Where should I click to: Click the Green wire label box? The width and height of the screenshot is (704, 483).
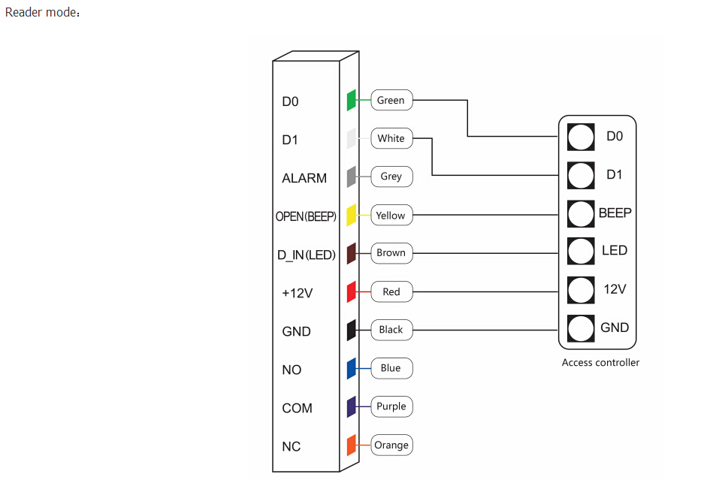(391, 100)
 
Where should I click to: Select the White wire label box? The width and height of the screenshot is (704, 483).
(391, 138)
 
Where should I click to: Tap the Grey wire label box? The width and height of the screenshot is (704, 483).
(391, 177)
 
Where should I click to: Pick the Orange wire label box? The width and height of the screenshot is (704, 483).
(391, 445)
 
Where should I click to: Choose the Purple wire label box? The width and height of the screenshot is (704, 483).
(391, 406)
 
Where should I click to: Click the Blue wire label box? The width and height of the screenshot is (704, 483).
(391, 368)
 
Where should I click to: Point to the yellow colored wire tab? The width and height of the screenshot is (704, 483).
(351, 215)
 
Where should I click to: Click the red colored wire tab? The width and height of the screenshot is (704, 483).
(351, 291)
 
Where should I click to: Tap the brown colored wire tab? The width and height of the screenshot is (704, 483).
(351, 254)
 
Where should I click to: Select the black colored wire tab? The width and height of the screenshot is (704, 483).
(351, 330)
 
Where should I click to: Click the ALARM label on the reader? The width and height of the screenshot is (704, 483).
(304, 178)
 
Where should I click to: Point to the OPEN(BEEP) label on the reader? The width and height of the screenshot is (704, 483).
(306, 216)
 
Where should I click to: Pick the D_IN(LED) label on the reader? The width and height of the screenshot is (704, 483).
(307, 255)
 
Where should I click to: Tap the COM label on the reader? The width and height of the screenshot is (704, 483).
(297, 408)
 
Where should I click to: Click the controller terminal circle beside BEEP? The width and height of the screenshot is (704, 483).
(581, 214)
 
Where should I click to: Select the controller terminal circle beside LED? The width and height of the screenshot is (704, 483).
(581, 252)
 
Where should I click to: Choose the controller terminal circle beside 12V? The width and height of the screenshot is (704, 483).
(581, 290)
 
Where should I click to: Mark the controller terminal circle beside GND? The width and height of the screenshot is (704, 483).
(581, 328)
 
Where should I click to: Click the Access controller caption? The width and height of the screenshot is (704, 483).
(600, 362)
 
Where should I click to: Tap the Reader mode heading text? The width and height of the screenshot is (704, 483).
(43, 12)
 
